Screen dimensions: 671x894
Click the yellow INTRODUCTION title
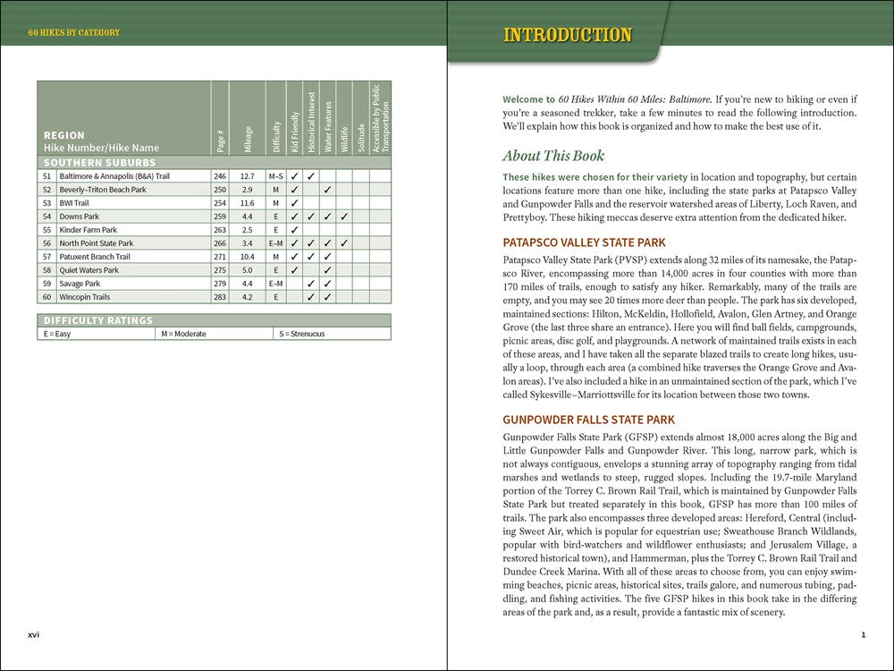click(x=568, y=36)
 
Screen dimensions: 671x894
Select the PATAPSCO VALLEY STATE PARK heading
click(x=584, y=242)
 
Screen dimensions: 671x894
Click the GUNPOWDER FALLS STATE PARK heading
click(x=588, y=420)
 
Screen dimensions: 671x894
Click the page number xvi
click(x=33, y=635)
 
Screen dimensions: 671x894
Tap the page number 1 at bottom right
click(x=863, y=635)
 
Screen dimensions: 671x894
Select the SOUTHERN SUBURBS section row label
click(x=99, y=163)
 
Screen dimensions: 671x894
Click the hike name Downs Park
click(x=79, y=217)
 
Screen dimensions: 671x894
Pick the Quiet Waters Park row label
click(x=89, y=270)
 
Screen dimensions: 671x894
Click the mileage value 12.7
click(x=247, y=176)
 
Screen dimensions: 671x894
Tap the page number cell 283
click(x=220, y=297)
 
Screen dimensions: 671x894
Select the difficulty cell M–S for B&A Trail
click(x=276, y=176)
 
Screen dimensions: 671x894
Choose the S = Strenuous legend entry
click(x=302, y=334)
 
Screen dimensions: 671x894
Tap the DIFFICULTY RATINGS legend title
click(x=98, y=320)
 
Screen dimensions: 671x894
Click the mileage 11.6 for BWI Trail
click(x=247, y=203)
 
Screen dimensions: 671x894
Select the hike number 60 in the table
click(x=46, y=297)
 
